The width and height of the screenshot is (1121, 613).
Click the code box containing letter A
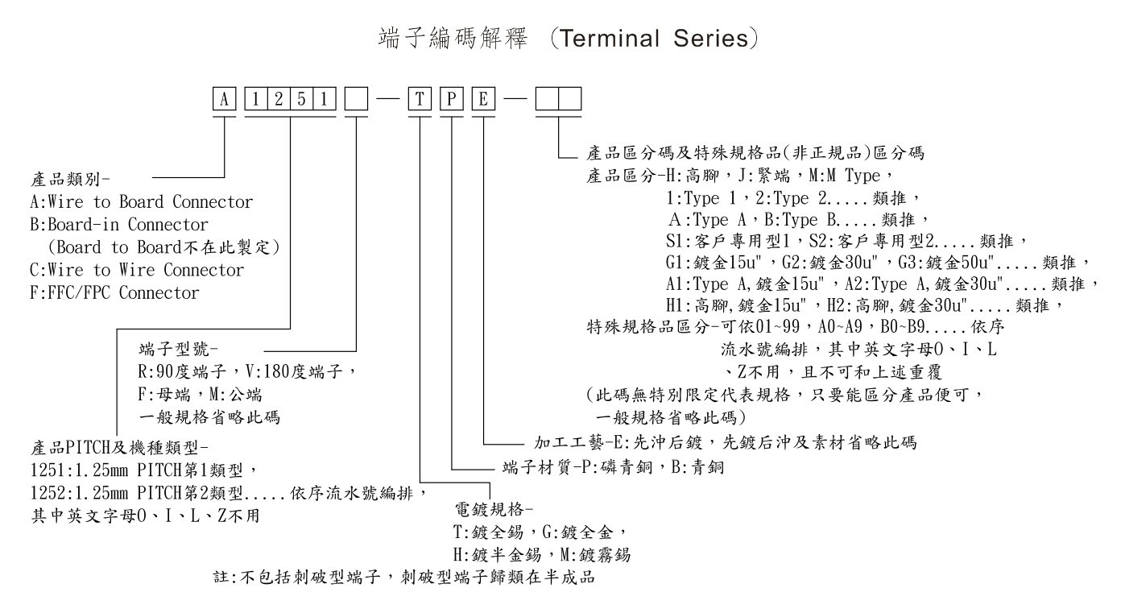click(x=225, y=101)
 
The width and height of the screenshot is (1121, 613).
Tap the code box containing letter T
click(x=420, y=101)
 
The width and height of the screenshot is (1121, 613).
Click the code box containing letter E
click(x=483, y=101)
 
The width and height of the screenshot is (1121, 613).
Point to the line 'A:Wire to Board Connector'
click(x=141, y=202)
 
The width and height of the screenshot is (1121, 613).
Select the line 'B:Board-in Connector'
click(x=118, y=225)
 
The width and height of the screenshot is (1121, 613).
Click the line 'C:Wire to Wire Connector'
click(x=136, y=270)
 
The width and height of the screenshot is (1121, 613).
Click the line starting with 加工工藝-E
click(x=726, y=443)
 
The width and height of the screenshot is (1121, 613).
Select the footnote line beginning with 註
click(x=403, y=578)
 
